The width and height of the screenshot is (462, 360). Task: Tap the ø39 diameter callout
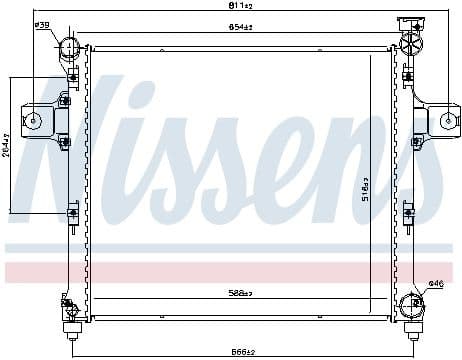click(x=42, y=26)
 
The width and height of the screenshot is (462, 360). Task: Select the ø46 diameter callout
click(x=435, y=284)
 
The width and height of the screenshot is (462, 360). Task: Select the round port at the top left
click(x=68, y=48)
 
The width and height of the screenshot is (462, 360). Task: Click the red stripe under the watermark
click(x=230, y=272)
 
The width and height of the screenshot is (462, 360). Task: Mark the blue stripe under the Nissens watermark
click(x=230, y=247)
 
